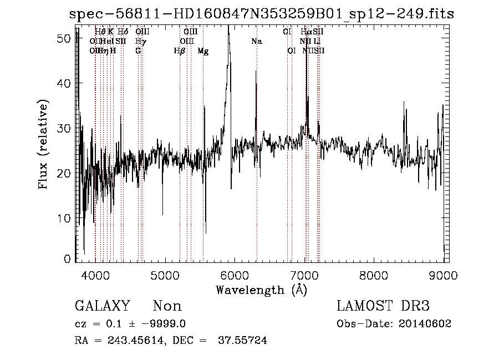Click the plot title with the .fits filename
tap(261, 14)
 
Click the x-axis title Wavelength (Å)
tap(261, 290)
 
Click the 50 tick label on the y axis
tap(67, 38)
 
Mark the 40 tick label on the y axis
tap(67, 83)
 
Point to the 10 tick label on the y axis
tap(67, 218)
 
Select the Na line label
tap(256, 41)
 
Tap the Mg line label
tap(203, 50)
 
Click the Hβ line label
tap(179, 50)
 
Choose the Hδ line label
tap(123, 32)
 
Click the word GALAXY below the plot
tap(103, 306)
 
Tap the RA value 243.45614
tap(137, 341)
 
